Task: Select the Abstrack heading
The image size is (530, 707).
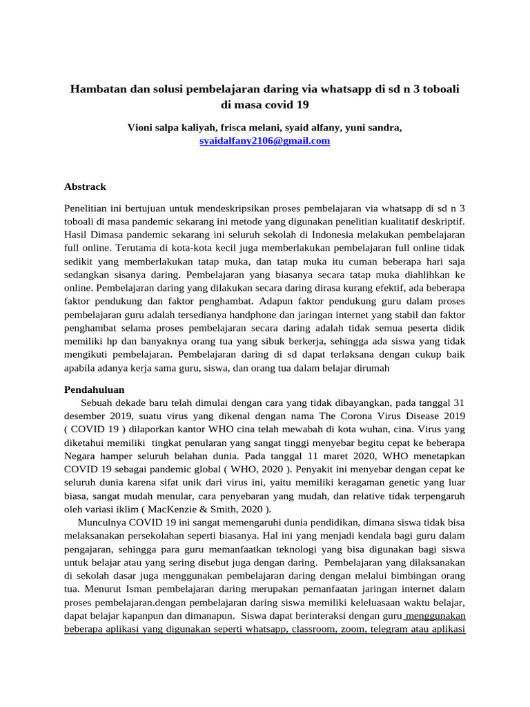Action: pyautogui.click(x=85, y=186)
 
